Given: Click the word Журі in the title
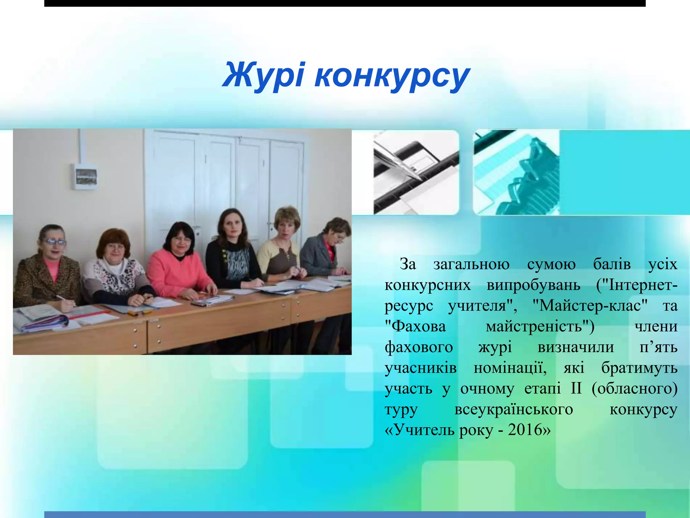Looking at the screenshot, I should point(263,75).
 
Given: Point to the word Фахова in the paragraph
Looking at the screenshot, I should point(415,326).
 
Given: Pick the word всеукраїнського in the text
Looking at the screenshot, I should point(513,409).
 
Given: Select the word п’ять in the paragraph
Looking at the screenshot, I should point(658,347).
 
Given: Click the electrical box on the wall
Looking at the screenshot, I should point(85,176).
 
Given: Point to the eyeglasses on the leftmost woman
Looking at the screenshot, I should point(55,241).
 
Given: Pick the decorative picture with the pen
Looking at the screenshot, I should point(416,172).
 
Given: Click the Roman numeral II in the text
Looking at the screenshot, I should point(576,388).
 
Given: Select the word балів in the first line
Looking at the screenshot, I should point(612,264).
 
